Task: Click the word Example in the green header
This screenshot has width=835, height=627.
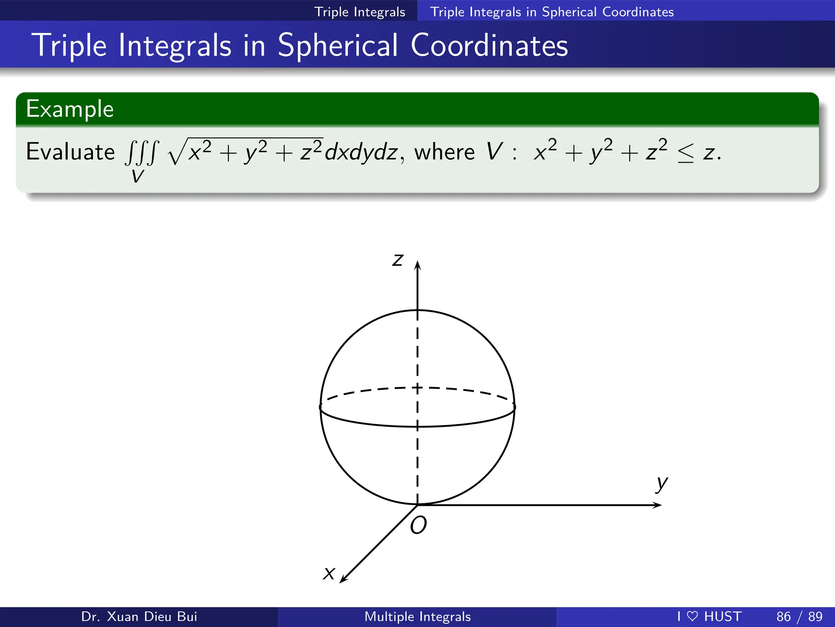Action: tap(70, 109)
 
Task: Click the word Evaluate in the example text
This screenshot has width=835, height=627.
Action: tap(70, 152)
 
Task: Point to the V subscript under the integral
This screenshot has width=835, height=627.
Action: tap(138, 176)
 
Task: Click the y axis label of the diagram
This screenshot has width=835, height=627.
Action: tap(662, 484)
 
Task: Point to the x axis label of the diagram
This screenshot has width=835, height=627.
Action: tap(329, 573)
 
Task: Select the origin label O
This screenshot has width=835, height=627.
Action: tap(418, 525)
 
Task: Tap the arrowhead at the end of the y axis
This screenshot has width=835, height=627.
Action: tap(657, 505)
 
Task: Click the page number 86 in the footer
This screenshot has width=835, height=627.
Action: tap(783, 616)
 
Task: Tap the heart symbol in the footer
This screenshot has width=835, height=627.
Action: tap(692, 616)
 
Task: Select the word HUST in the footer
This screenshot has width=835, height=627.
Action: tap(722, 616)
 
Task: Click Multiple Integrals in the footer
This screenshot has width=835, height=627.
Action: tap(417, 616)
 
